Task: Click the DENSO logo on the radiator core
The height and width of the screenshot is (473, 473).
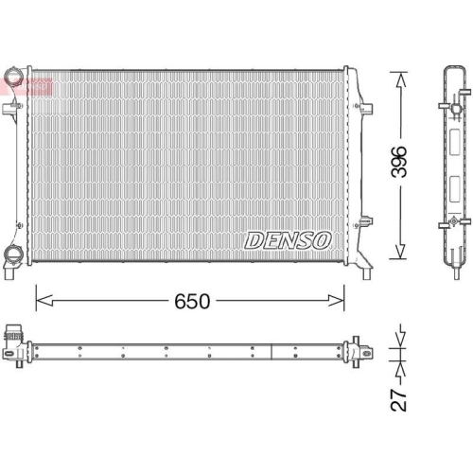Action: pos(288,240)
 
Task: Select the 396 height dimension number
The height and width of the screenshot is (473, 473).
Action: pos(400,162)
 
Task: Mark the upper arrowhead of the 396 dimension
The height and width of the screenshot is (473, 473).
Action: pos(400,78)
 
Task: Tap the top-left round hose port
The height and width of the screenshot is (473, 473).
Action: pos(14,77)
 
